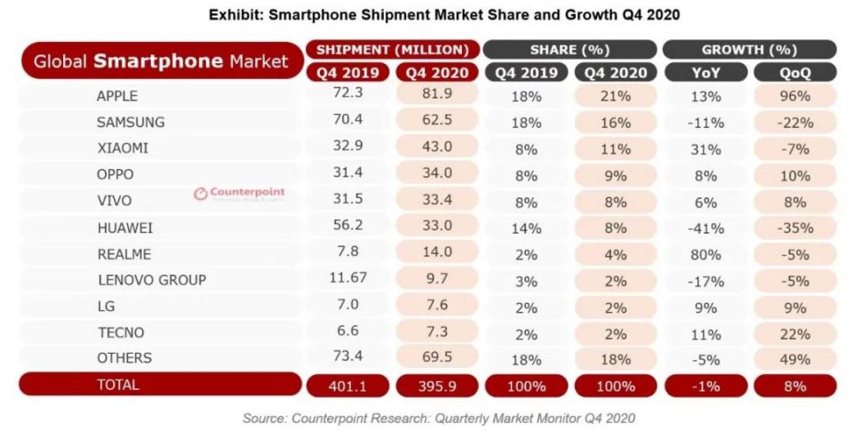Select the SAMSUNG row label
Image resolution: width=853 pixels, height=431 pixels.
131,122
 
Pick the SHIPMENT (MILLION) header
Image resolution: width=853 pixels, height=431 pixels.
392,50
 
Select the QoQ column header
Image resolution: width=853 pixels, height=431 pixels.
794,73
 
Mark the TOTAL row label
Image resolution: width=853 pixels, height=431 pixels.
118,385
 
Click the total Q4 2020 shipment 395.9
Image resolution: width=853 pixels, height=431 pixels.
437,386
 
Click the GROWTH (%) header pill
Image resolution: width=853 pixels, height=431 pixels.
749,50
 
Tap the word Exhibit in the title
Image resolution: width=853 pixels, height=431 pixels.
235,15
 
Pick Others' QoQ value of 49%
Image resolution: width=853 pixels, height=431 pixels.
794,359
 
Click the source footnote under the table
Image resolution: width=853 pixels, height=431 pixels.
439,417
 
